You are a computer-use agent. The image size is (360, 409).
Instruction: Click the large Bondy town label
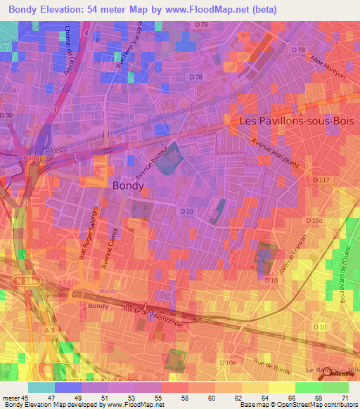tap(129, 186)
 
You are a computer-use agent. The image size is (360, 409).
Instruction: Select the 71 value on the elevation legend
tap(345, 396)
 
